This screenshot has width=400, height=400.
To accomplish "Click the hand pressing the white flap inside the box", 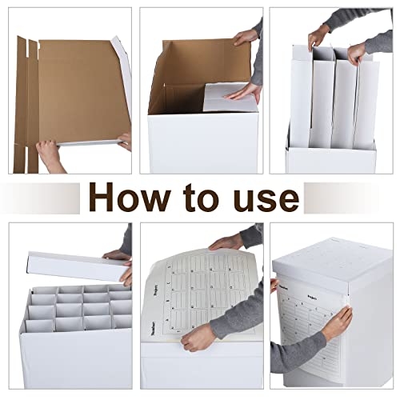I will [x=244, y=94].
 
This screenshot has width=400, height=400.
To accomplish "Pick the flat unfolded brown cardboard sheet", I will [x=76, y=88].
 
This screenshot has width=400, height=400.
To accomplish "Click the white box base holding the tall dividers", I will [x=330, y=158].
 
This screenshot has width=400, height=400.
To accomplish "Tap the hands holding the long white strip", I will [x=120, y=264].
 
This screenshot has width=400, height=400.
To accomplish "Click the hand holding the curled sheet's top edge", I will [x=227, y=241].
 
